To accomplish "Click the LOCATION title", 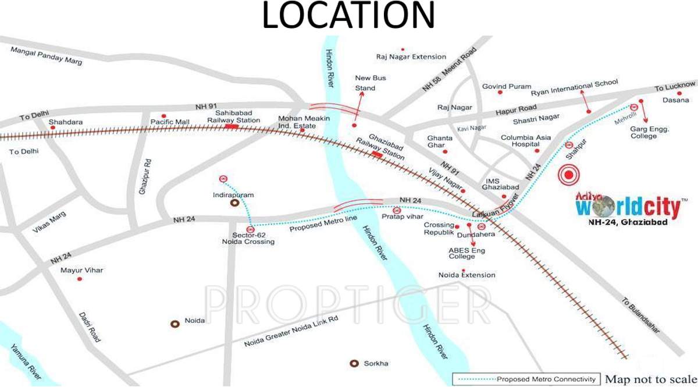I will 348,16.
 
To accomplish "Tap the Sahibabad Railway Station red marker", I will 232,126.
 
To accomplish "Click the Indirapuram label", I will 234,195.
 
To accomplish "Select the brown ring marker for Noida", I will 174,323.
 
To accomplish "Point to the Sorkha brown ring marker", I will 354,363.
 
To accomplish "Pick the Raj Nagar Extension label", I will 411,57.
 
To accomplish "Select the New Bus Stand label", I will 371,83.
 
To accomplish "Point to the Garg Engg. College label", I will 651,132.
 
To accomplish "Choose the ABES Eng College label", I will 466,253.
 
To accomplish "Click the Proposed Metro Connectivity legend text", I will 546,379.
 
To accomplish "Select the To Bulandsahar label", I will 641,315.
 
